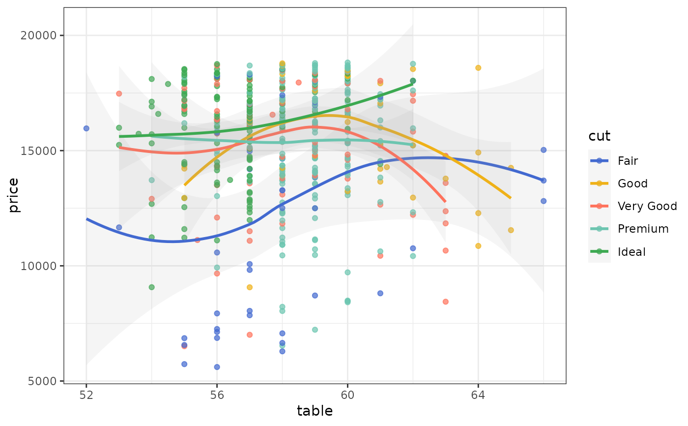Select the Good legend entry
pos(632,183)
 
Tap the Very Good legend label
pos(647,206)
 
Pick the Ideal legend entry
pos(631,252)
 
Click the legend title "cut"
pos(600,136)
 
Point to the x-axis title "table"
pos(315,411)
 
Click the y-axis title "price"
pos(14,195)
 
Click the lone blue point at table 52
pos(86,128)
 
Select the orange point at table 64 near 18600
pos(478,68)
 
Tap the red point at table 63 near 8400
pos(445,302)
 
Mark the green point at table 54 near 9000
pos(151,287)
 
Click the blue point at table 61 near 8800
pos(380,293)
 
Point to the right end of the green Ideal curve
pos(412,84)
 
